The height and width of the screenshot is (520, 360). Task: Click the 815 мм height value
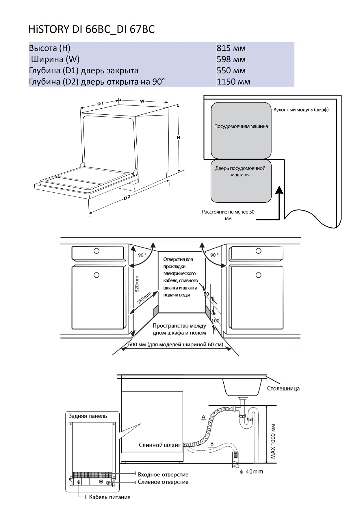(231, 48)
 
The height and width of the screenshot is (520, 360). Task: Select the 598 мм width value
(231, 59)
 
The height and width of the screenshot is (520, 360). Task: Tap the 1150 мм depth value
(233, 82)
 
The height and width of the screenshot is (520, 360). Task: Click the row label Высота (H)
(49, 48)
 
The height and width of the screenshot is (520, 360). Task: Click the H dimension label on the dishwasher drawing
(179, 138)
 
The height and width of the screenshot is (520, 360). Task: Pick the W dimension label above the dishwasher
(142, 101)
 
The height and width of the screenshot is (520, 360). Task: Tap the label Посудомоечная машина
(241, 126)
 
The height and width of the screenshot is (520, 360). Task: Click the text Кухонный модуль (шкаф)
(301, 110)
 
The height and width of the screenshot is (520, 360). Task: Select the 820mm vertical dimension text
(137, 284)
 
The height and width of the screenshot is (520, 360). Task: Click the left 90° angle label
(142, 255)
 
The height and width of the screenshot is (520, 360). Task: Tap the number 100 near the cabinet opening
(216, 321)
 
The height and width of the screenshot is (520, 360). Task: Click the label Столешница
(283, 389)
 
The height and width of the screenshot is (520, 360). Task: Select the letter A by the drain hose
(203, 417)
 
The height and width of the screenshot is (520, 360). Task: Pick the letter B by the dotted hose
(212, 444)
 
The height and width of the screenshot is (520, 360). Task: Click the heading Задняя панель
(88, 416)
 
